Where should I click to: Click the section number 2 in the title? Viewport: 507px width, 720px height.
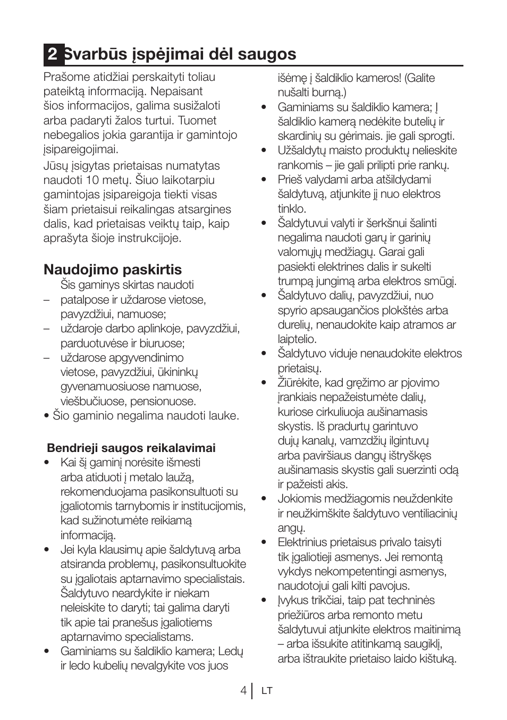[x=52, y=54]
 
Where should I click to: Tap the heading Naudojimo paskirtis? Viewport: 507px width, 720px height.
[x=113, y=269]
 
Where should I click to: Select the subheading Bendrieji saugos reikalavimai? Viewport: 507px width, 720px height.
[x=131, y=448]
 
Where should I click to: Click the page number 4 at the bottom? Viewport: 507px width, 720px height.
[x=243, y=690]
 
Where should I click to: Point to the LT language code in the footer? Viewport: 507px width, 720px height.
[x=267, y=691]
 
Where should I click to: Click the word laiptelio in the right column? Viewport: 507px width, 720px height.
[x=297, y=339]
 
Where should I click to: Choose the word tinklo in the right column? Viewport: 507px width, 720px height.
[x=291, y=209]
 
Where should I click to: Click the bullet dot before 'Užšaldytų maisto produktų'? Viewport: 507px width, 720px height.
[x=263, y=151]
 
